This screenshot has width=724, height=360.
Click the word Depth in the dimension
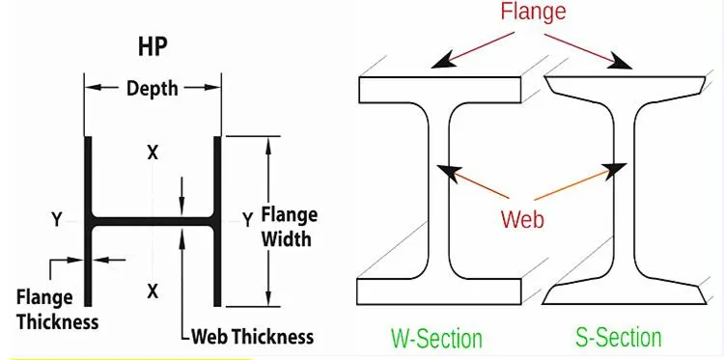click(x=153, y=88)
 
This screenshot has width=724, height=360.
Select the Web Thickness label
click(x=253, y=337)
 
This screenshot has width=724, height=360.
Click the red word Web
click(x=522, y=219)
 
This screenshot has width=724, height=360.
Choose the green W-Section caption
click(x=436, y=338)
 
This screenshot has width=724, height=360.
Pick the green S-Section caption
click(x=619, y=337)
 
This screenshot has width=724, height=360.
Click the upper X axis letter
click(x=152, y=152)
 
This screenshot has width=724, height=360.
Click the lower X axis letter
click(x=152, y=290)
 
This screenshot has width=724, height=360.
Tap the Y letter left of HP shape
click(x=57, y=220)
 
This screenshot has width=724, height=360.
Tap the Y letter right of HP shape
click(x=248, y=218)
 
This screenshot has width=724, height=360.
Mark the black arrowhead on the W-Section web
click(x=446, y=172)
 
